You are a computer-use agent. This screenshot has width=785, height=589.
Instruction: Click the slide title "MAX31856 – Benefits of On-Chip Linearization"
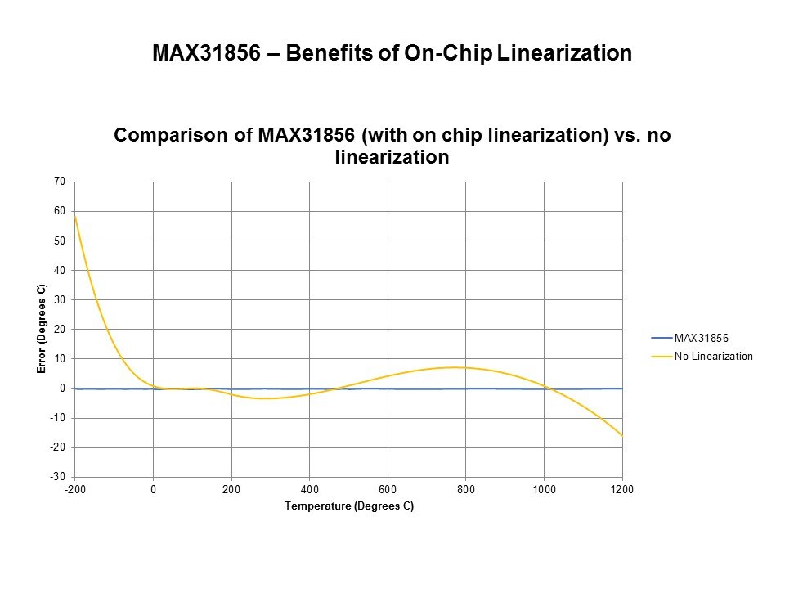(x=392, y=54)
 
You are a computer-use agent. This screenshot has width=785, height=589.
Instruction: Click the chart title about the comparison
(x=392, y=146)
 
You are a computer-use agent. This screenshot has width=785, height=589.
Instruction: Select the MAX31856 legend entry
(x=701, y=338)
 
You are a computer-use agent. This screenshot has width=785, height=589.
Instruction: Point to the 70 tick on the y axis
(x=60, y=182)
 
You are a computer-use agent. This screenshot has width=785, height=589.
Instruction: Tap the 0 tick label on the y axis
(x=62, y=389)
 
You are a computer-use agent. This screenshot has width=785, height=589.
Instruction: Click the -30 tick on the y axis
(x=58, y=477)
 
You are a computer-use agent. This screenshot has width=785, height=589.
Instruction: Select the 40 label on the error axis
(x=60, y=270)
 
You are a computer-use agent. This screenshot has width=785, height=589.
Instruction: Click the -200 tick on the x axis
(x=75, y=489)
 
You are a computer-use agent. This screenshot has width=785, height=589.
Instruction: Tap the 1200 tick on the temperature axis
(x=622, y=489)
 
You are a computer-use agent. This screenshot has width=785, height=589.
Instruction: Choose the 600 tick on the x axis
(x=388, y=489)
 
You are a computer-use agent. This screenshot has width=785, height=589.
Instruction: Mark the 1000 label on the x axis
(x=545, y=489)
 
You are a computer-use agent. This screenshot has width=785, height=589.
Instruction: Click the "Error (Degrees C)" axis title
(x=42, y=329)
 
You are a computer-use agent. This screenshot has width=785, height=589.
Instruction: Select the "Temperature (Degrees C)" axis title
(x=349, y=506)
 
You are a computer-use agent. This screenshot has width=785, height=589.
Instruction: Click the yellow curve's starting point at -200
(x=75, y=216)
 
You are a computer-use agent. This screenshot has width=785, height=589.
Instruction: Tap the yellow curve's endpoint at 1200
(x=622, y=436)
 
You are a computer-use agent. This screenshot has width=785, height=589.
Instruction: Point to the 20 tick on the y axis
(x=60, y=329)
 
